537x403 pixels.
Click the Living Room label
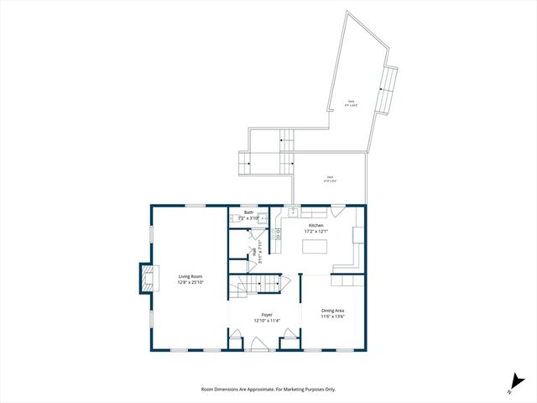pyautogui.click(x=190, y=276)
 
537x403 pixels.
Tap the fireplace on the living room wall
pyautogui.click(x=146, y=278)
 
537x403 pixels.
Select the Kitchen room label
pyautogui.click(x=315, y=226)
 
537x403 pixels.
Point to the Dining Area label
pyautogui.click(x=333, y=311)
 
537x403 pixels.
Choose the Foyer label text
pyautogui.click(x=266, y=315)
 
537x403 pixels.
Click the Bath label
pyautogui.click(x=248, y=212)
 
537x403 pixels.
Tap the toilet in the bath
pyautogui.click(x=253, y=253)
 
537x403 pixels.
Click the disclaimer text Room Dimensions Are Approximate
pyautogui.click(x=268, y=390)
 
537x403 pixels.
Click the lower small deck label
pyautogui.click(x=331, y=177)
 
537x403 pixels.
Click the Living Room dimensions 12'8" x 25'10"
pyautogui.click(x=190, y=283)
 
